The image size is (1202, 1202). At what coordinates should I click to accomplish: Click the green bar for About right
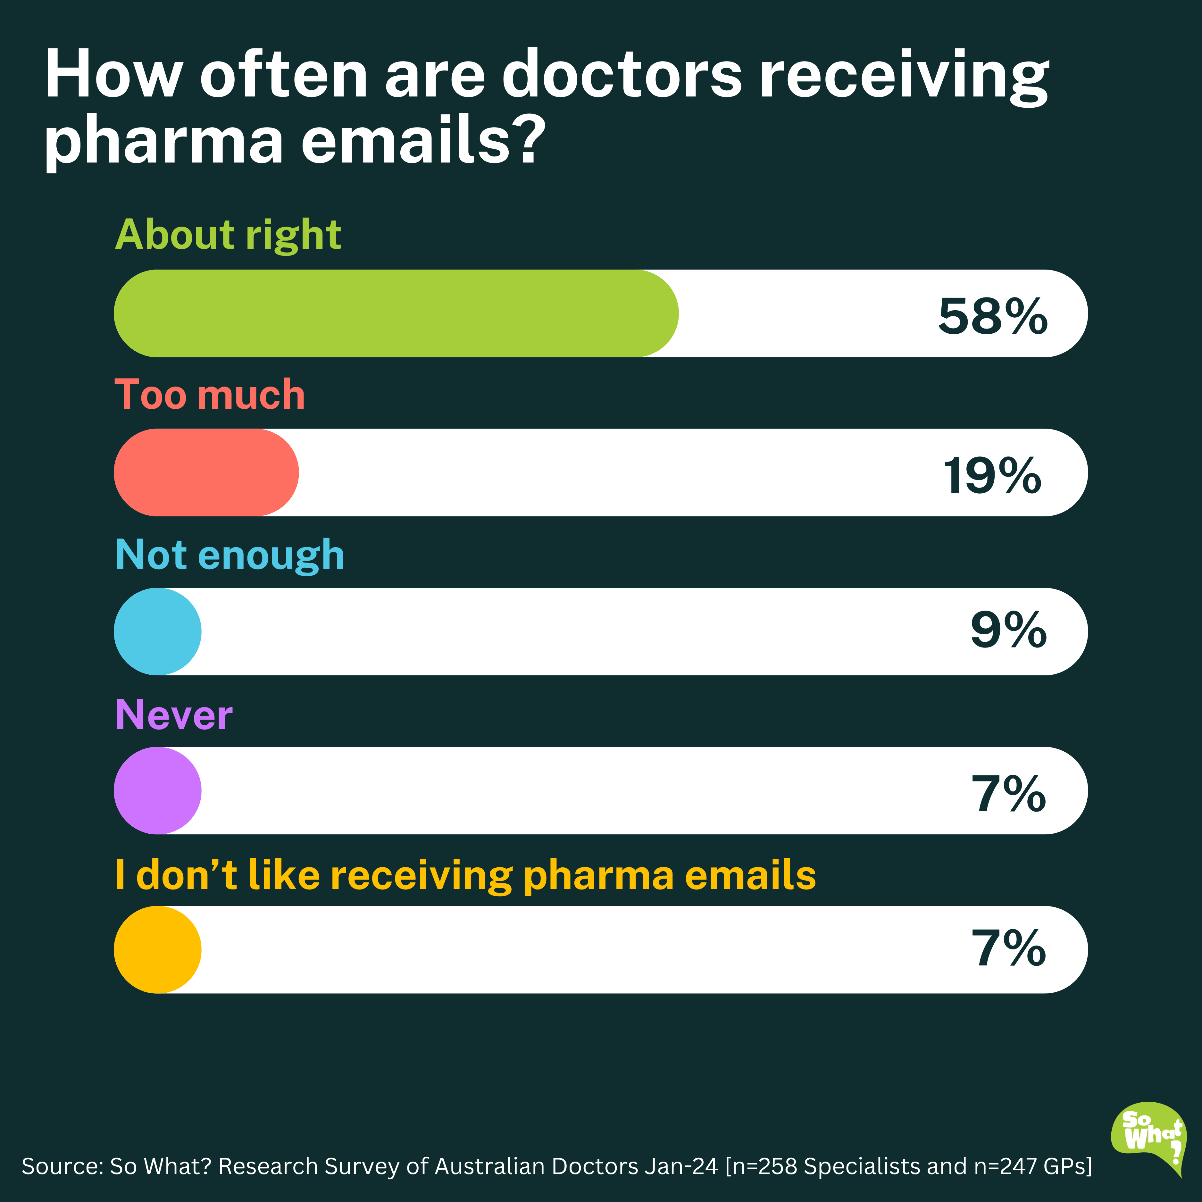click(x=396, y=313)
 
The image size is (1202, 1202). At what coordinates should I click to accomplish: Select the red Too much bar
click(x=206, y=472)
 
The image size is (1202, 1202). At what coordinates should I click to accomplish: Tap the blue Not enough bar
click(x=157, y=631)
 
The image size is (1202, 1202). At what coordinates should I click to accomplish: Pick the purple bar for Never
click(x=157, y=790)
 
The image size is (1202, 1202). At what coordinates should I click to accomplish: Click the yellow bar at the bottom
click(x=157, y=949)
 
